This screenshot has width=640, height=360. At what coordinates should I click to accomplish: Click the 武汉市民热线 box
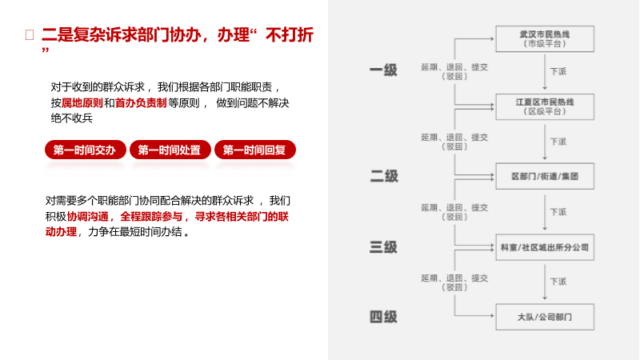(545, 38)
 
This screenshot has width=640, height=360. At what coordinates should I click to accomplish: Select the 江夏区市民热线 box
(545, 107)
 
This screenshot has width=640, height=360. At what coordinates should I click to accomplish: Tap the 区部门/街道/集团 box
(545, 176)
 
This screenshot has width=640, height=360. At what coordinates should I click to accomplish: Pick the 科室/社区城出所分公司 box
(545, 247)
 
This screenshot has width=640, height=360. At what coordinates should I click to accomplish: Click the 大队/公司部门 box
(545, 317)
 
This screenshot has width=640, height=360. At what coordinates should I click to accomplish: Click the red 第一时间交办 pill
(86, 150)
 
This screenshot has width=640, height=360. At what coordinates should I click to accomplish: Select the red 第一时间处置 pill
(170, 150)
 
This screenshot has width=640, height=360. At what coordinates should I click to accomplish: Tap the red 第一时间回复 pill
(255, 150)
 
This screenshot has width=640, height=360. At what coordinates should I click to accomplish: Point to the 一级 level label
(383, 70)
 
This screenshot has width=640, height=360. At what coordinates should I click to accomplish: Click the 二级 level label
(384, 176)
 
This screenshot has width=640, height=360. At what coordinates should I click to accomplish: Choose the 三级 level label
(383, 247)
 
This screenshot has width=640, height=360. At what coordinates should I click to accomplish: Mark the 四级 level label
(383, 317)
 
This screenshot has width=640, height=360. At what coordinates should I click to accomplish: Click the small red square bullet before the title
(30, 34)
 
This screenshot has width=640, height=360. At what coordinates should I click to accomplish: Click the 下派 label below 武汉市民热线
(558, 71)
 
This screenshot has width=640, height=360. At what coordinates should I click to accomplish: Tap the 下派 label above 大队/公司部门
(558, 282)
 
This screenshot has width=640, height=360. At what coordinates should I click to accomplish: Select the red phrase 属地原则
(82, 103)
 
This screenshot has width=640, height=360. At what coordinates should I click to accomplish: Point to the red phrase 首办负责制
(141, 103)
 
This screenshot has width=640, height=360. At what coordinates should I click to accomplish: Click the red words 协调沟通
(88, 217)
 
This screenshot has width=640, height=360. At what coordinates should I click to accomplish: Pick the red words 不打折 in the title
(290, 35)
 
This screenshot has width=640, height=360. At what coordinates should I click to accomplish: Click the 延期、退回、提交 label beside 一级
(454, 67)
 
